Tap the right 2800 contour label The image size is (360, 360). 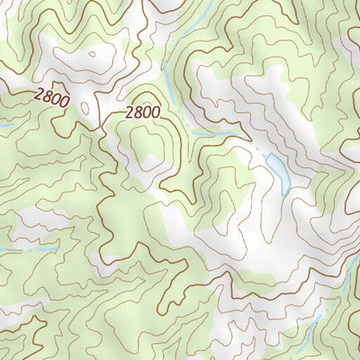pyautogui.click(x=142, y=112)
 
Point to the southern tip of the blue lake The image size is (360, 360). pyautogui.click(x=284, y=191)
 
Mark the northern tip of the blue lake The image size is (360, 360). pyautogui.click(x=268, y=156)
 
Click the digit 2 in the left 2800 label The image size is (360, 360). pyautogui.click(x=38, y=91)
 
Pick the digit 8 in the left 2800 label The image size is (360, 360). pyautogui.click(x=46, y=94)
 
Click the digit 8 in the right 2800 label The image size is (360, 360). pyautogui.click(x=138, y=112)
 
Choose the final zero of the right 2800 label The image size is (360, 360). pyautogui.click(x=155, y=112)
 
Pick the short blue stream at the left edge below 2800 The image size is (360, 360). pyautogui.click(x=4, y=124)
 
